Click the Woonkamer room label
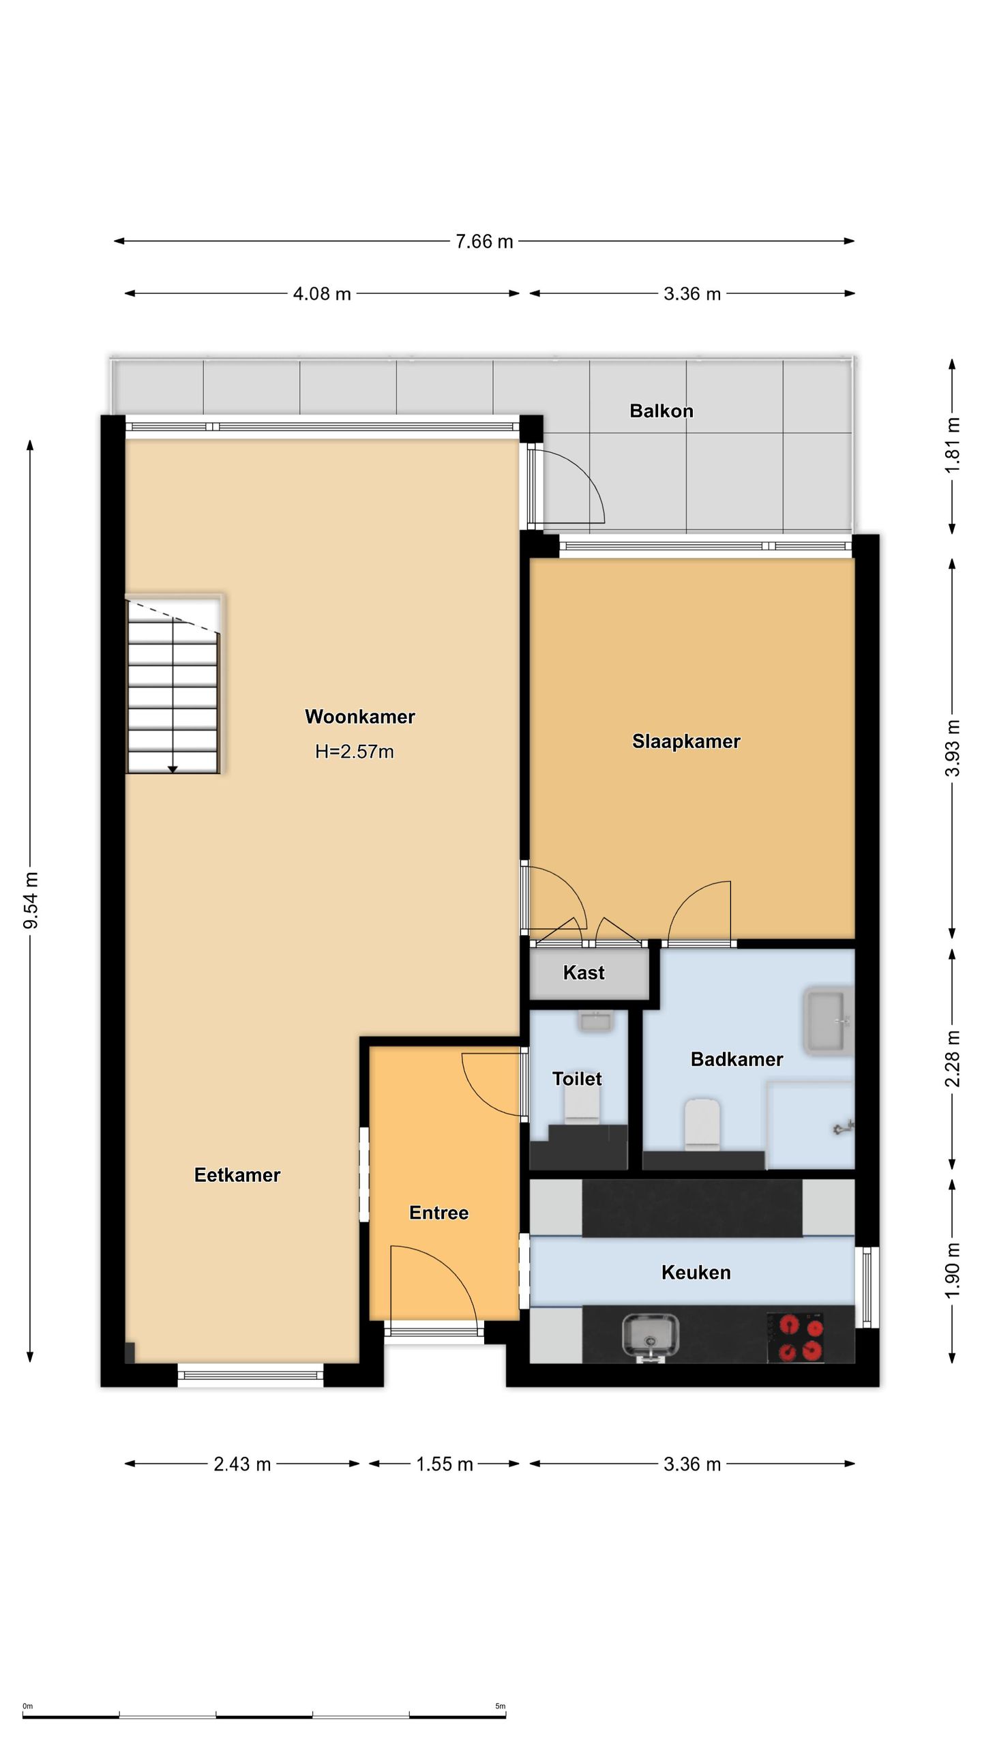click(x=359, y=717)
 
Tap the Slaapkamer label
click(x=686, y=741)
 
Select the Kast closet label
click(x=584, y=973)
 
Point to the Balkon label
click(x=661, y=411)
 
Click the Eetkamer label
click(x=237, y=1174)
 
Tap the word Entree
click(x=438, y=1213)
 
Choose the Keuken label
click(x=696, y=1272)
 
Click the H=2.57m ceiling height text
click(x=355, y=752)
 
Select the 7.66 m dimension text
click(x=484, y=241)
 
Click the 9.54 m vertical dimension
click(x=31, y=900)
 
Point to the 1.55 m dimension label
click(x=445, y=1464)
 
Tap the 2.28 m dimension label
click(x=953, y=1059)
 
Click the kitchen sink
click(x=651, y=1338)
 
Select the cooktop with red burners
click(x=796, y=1337)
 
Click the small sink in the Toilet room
click(x=595, y=1021)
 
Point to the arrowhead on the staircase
click(x=173, y=769)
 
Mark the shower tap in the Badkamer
click(x=844, y=1128)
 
